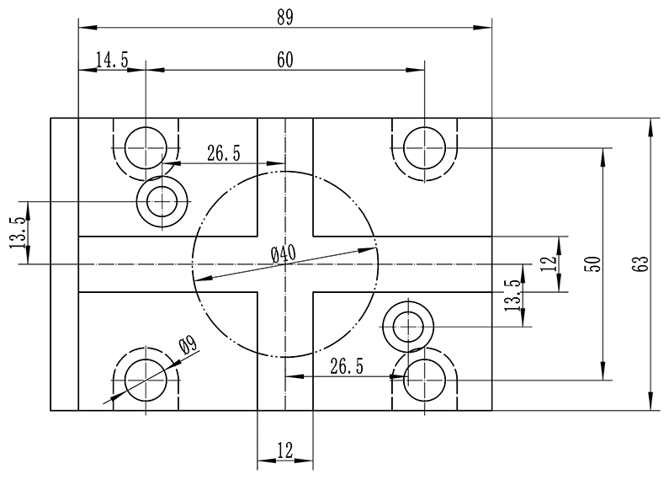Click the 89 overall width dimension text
click(x=284, y=17)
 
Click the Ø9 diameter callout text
click(x=188, y=344)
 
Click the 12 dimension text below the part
click(x=284, y=450)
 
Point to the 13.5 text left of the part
click(x=17, y=233)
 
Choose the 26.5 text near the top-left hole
click(x=224, y=153)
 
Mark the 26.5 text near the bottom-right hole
click(x=347, y=365)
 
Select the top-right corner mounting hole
click(x=424, y=148)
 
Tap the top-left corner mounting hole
click(x=146, y=148)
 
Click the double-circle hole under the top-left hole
click(x=161, y=202)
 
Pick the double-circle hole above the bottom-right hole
click(x=408, y=325)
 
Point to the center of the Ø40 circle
click(x=285, y=264)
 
